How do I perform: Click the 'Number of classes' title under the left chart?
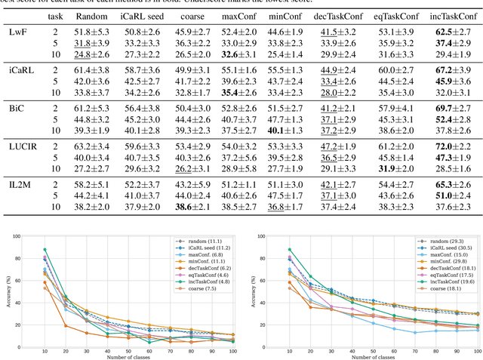135,355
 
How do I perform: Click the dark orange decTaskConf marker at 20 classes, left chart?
66,326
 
